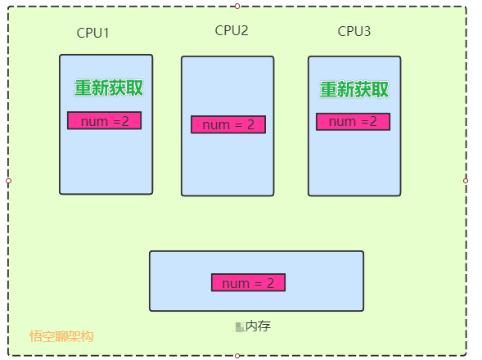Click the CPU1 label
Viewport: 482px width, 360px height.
tap(93, 34)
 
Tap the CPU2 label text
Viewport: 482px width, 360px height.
tap(232, 31)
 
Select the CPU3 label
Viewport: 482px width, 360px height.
tap(354, 32)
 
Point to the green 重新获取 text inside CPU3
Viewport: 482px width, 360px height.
tap(354, 89)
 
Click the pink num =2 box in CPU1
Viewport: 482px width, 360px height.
tap(105, 121)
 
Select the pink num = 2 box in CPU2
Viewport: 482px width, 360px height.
tap(228, 124)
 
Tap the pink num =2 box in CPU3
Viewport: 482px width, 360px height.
tap(353, 122)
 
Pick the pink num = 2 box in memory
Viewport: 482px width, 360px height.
tap(248, 282)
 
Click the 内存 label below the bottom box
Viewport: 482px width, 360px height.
tap(258, 326)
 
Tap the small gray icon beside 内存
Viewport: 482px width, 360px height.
tap(240, 327)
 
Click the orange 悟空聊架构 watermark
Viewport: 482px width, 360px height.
tap(61, 335)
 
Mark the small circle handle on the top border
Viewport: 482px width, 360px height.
tap(237, 6)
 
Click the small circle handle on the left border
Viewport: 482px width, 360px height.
tap(8, 181)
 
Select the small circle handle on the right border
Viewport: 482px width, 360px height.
tap(466, 180)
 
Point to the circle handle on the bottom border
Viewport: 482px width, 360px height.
tap(237, 355)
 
